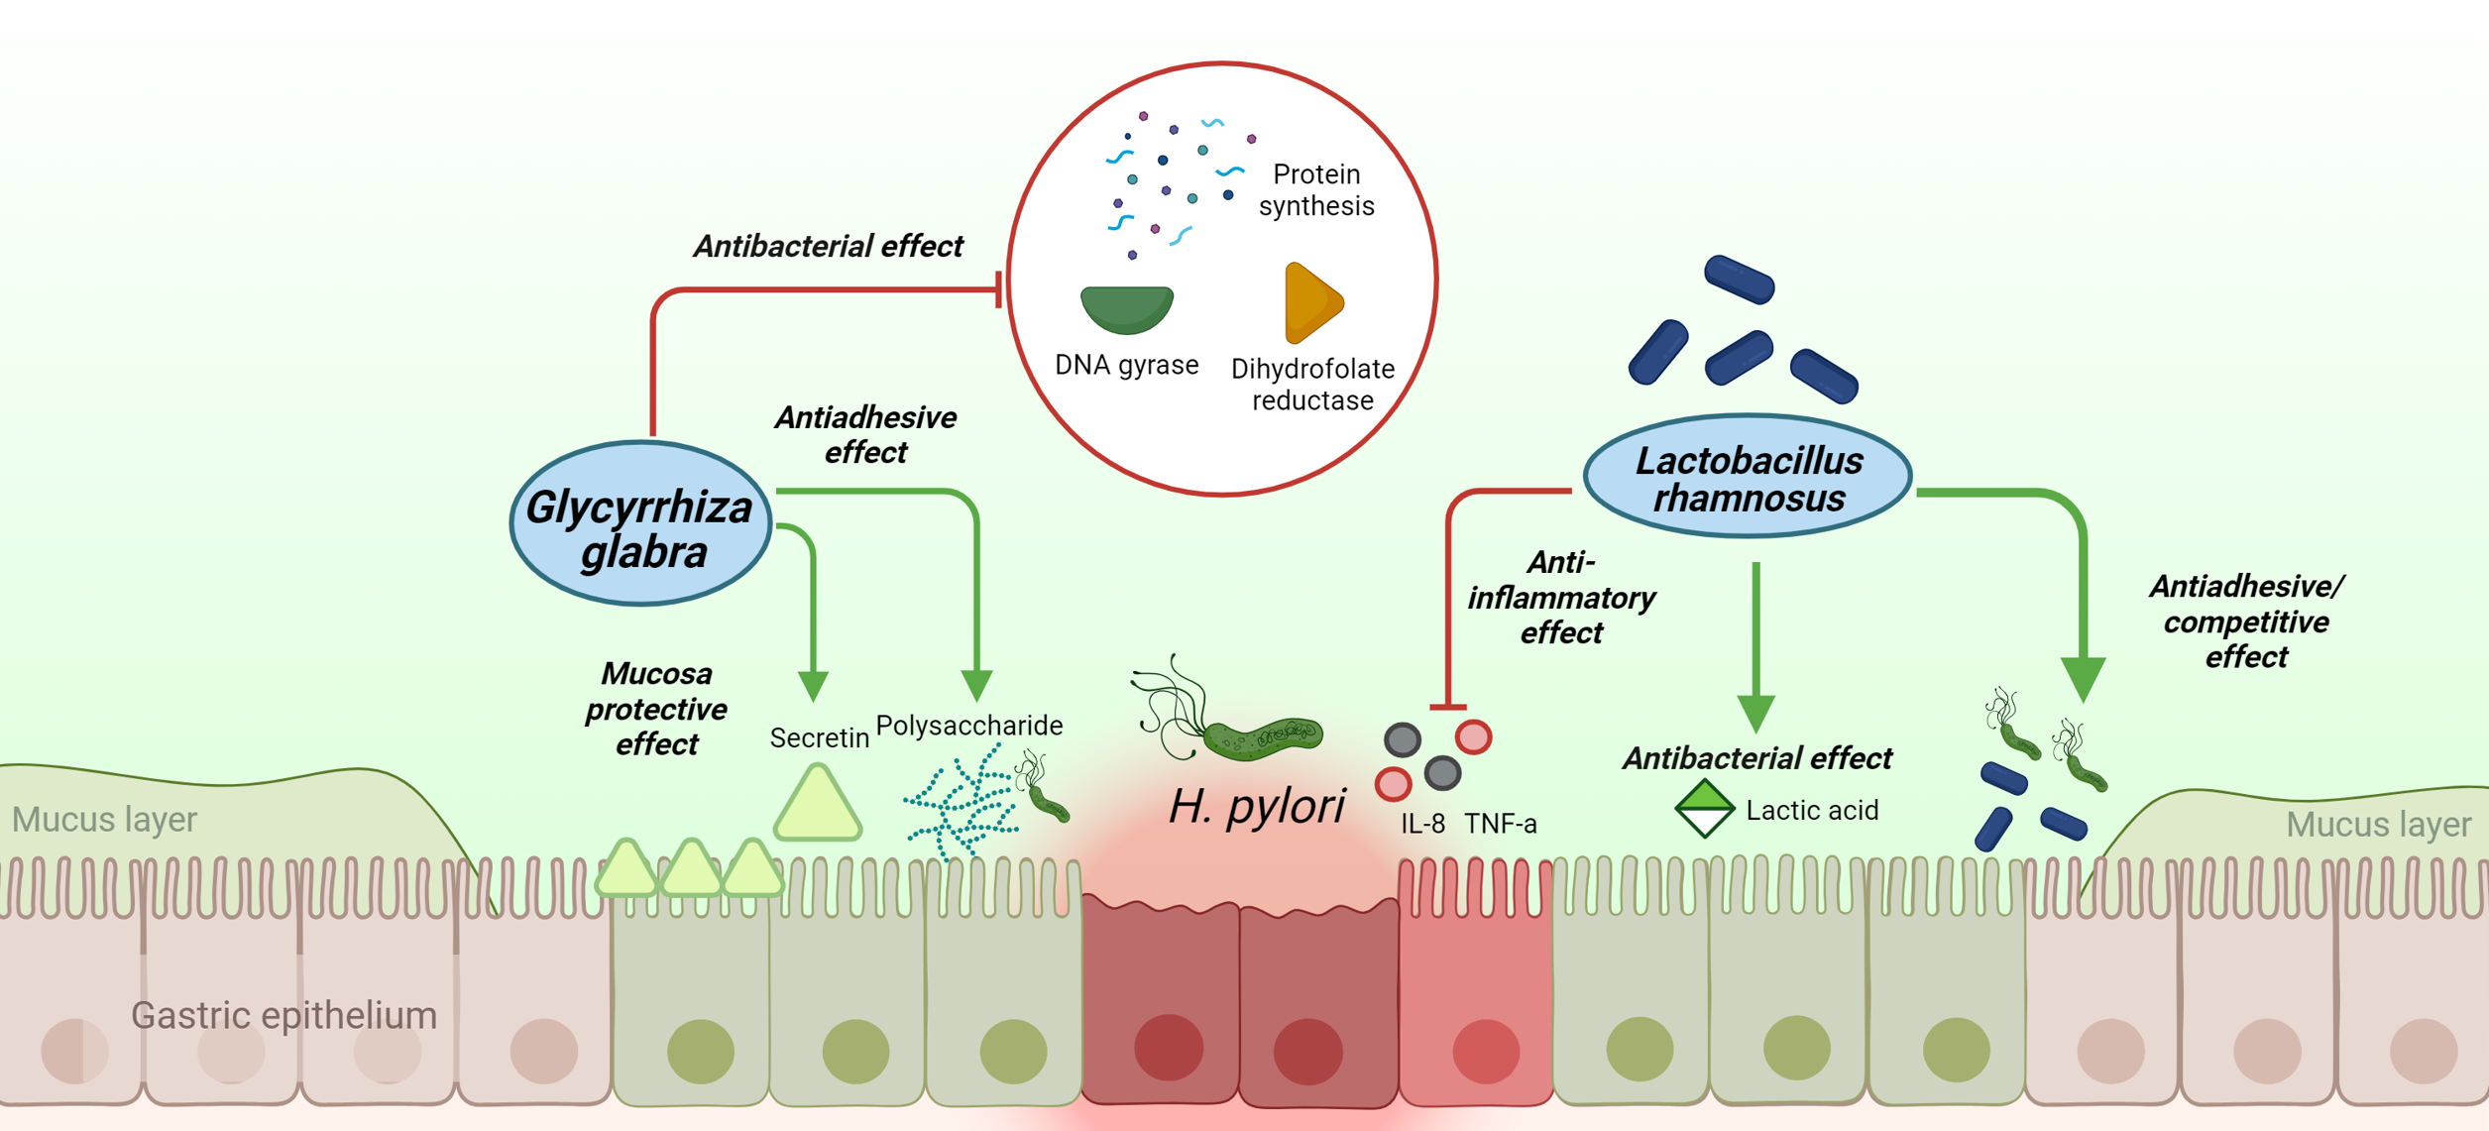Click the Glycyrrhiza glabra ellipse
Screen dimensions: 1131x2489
coord(640,523)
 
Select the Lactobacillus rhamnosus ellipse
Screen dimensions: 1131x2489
coord(1748,477)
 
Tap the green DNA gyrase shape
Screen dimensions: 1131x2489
coord(1127,308)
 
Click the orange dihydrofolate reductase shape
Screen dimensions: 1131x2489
coord(1310,302)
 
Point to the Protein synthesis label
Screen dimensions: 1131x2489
coord(1315,190)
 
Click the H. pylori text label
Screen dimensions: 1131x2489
coord(1256,806)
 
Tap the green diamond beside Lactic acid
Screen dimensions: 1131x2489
coord(1704,808)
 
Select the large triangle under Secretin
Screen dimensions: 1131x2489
coord(817,805)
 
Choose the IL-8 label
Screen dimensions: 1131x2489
coord(1422,824)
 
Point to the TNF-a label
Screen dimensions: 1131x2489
coord(1501,824)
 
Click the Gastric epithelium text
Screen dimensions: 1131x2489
coord(283,1015)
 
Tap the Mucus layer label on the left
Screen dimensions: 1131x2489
coord(104,820)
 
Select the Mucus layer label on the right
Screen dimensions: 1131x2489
coord(2378,825)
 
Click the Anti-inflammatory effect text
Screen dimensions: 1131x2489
coord(1561,598)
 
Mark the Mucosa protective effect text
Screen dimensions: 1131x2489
coord(656,709)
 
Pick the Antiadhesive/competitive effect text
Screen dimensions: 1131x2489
coord(2245,622)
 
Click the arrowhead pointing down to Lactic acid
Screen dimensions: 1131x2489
coord(1755,713)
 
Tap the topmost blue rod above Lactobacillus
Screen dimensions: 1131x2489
coord(1739,279)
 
